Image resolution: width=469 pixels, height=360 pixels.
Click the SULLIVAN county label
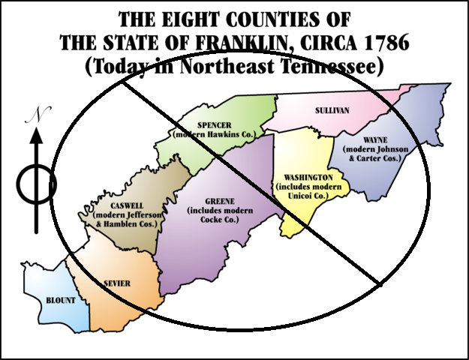[330, 110]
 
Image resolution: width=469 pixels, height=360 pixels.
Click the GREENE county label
[220, 200]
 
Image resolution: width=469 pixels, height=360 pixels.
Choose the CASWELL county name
[122, 205]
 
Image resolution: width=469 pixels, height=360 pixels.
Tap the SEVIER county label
[117, 283]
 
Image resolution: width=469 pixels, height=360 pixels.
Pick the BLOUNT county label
[61, 300]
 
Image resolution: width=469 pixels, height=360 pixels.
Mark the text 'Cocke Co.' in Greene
[220, 220]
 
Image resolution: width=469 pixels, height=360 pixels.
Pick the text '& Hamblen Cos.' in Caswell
[123, 224]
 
